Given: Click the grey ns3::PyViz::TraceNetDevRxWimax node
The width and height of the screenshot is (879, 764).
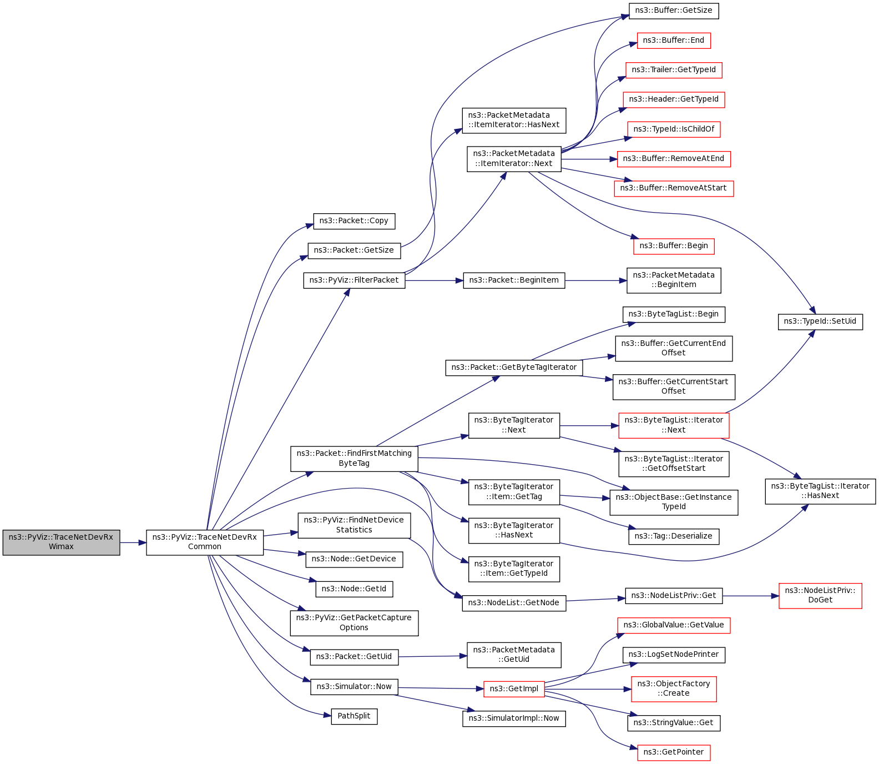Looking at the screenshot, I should [x=61, y=542].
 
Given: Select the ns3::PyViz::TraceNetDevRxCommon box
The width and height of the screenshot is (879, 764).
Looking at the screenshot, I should [x=204, y=542].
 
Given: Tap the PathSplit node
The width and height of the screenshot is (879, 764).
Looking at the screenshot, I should [x=354, y=716].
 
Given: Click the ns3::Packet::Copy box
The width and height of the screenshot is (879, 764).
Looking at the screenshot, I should [x=354, y=221].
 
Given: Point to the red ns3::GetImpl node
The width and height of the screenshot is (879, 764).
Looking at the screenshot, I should [x=514, y=689].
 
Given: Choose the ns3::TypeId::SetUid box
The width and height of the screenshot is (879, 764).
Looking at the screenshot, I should [x=820, y=321].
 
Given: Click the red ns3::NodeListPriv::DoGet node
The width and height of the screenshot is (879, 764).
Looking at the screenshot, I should [x=820, y=596].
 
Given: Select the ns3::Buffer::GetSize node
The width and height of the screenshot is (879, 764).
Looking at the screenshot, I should [x=674, y=11].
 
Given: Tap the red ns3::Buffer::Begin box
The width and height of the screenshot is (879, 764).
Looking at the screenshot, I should [x=674, y=246].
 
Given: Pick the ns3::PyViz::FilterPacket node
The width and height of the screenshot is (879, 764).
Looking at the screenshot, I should [x=354, y=280].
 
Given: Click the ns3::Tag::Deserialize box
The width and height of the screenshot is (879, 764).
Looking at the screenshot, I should [x=674, y=536].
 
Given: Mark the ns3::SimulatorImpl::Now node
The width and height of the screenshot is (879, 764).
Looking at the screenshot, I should [x=514, y=718].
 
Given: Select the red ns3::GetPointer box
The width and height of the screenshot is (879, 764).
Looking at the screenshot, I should [x=674, y=752].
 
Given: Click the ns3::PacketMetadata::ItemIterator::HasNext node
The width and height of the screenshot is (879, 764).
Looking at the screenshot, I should [x=514, y=120].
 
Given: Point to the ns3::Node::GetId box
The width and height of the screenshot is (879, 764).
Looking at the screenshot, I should [x=354, y=589].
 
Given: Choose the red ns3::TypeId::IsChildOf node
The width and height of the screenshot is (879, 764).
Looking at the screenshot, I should [x=674, y=129].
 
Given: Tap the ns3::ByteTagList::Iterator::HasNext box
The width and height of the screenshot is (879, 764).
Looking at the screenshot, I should [x=820, y=491].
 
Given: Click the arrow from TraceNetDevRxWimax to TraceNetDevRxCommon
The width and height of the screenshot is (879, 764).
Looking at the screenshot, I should [x=133, y=542].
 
